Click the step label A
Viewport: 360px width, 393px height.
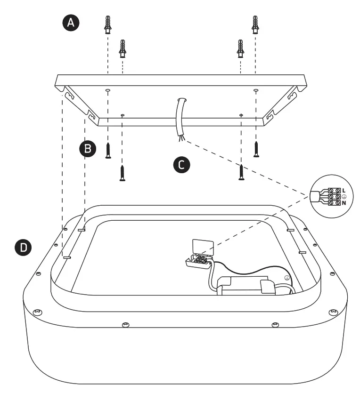71,23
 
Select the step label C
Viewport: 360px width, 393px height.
181,164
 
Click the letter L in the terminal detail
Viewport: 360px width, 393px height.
344,190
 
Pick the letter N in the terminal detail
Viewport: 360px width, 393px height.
344,203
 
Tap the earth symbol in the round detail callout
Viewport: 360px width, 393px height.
344,196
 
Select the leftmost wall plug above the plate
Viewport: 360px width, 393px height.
108,24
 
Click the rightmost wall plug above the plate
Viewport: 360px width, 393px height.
255,24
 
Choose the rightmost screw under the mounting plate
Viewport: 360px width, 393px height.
256,149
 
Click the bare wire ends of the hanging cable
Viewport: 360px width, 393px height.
180,138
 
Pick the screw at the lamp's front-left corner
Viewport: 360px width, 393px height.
37,312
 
